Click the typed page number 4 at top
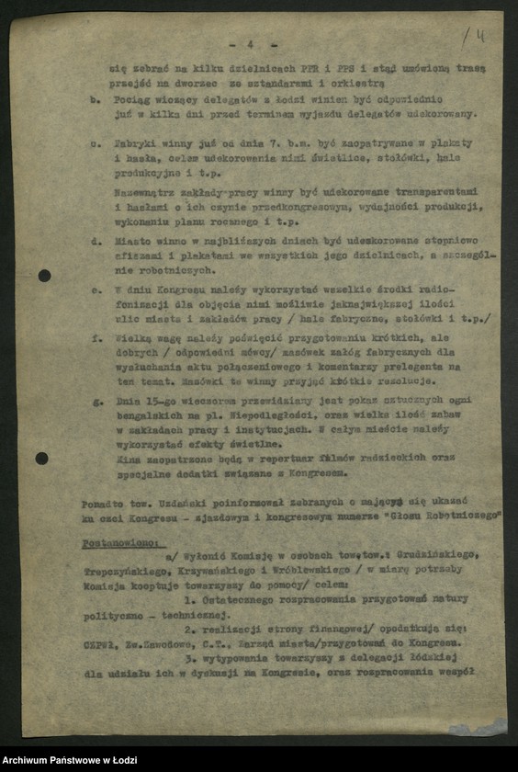250,43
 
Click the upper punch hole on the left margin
44,275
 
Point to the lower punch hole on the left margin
42,458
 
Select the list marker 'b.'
96,98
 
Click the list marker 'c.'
96,144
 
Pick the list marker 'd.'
96,244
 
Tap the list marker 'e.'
96,289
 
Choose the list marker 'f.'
96,337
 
